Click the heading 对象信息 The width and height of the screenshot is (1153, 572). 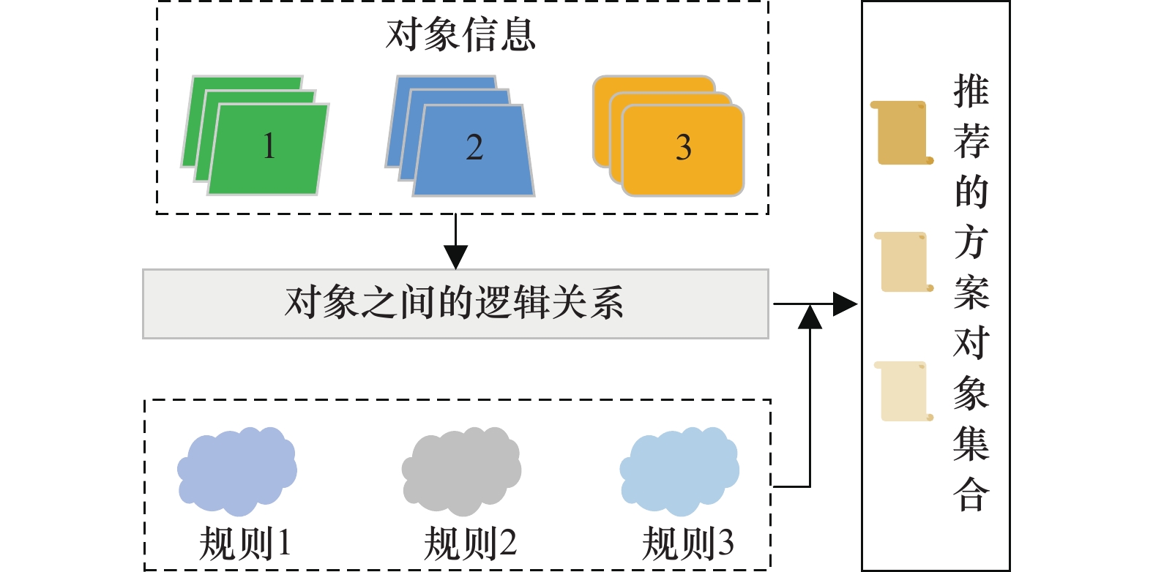(x=460, y=35)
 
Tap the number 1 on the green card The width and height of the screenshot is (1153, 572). (x=269, y=146)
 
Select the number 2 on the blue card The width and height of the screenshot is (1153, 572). (x=474, y=148)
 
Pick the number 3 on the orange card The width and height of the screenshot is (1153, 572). (x=683, y=148)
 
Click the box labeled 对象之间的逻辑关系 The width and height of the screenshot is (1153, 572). (x=455, y=304)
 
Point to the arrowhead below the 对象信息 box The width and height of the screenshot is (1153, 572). (x=455, y=257)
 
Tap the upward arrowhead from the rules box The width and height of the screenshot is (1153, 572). (x=810, y=318)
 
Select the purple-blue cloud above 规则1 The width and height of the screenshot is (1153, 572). (x=236, y=470)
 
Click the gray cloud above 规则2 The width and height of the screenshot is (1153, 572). (x=461, y=470)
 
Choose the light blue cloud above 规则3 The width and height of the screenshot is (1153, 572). (x=679, y=470)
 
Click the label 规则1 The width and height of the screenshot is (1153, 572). (x=245, y=544)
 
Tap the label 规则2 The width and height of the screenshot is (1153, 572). (x=470, y=544)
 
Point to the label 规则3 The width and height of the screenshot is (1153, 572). (x=687, y=544)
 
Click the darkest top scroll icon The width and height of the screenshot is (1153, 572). (x=902, y=133)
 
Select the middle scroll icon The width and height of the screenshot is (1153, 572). (x=904, y=262)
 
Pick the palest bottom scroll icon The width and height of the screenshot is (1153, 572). (x=904, y=391)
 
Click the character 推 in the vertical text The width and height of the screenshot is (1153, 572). (x=971, y=91)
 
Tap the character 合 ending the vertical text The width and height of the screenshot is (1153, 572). (x=971, y=494)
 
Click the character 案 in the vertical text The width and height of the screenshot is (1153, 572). (x=971, y=293)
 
